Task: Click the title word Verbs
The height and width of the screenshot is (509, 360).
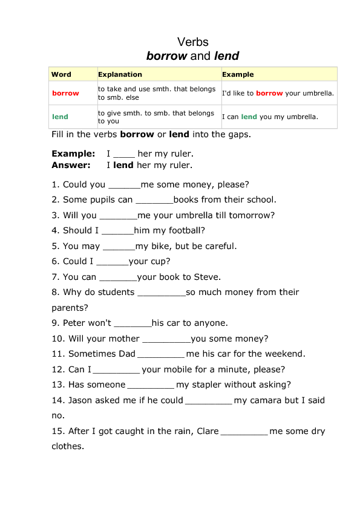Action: [x=192, y=42]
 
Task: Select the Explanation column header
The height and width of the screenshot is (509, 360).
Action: [x=120, y=74]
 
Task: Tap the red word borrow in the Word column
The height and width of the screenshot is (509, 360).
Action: [x=65, y=93]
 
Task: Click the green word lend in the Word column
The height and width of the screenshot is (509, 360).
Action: [x=60, y=117]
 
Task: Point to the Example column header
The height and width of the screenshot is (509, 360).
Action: [x=238, y=74]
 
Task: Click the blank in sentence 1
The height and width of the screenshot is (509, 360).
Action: [x=124, y=185]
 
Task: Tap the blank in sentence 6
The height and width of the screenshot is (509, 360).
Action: [x=113, y=262]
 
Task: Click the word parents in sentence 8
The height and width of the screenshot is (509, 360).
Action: [x=70, y=308]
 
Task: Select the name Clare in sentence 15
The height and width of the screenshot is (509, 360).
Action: [x=208, y=431]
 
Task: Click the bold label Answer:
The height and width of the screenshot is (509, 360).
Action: [x=71, y=164]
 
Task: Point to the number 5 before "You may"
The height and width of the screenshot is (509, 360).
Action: [x=54, y=246]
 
